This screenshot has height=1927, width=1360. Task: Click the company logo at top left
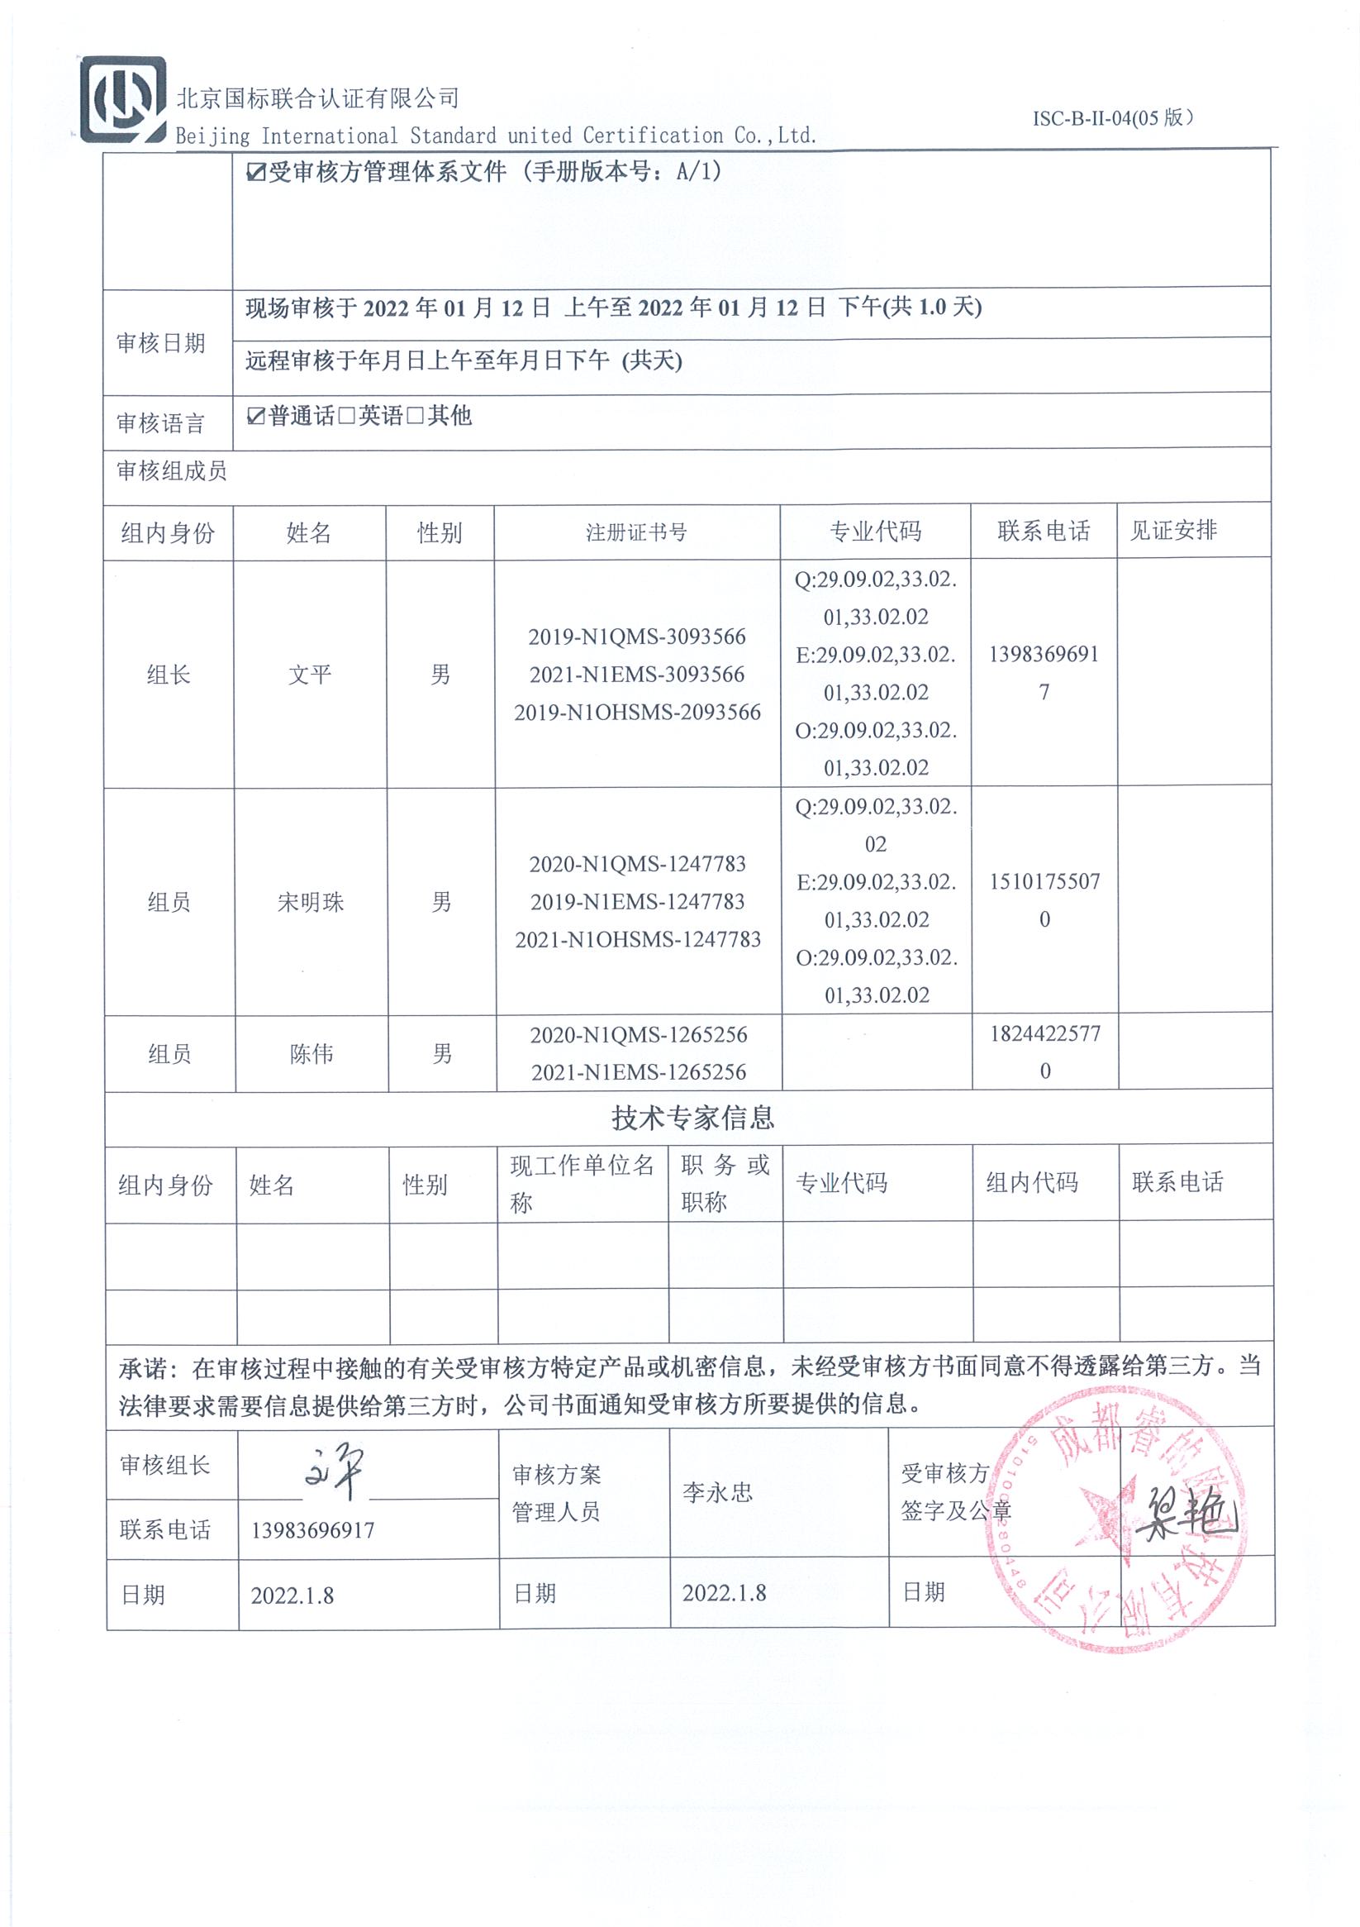(122, 100)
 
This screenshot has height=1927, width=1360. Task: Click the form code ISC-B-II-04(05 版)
(1111, 118)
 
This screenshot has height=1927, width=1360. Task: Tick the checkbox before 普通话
(256, 417)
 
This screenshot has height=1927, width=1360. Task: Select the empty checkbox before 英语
(346, 417)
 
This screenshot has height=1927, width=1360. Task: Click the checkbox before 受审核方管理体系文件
(255, 173)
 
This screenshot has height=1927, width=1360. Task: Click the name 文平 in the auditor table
(310, 675)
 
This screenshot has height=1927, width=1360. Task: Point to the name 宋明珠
(311, 902)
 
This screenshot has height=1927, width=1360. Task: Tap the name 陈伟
(311, 1054)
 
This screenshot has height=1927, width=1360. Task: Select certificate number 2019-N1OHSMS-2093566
(637, 713)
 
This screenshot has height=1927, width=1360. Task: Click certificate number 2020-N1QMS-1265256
(638, 1035)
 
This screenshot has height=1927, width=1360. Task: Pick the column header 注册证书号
(636, 532)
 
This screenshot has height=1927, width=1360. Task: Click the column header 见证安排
(1173, 531)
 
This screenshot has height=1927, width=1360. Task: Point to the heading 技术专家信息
(692, 1118)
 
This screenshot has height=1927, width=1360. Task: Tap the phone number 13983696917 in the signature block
(313, 1530)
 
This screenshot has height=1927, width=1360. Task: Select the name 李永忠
(717, 1492)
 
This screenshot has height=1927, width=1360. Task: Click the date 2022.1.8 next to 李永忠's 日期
(724, 1593)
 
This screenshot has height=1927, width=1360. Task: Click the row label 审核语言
(160, 423)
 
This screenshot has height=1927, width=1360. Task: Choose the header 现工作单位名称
(582, 1183)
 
